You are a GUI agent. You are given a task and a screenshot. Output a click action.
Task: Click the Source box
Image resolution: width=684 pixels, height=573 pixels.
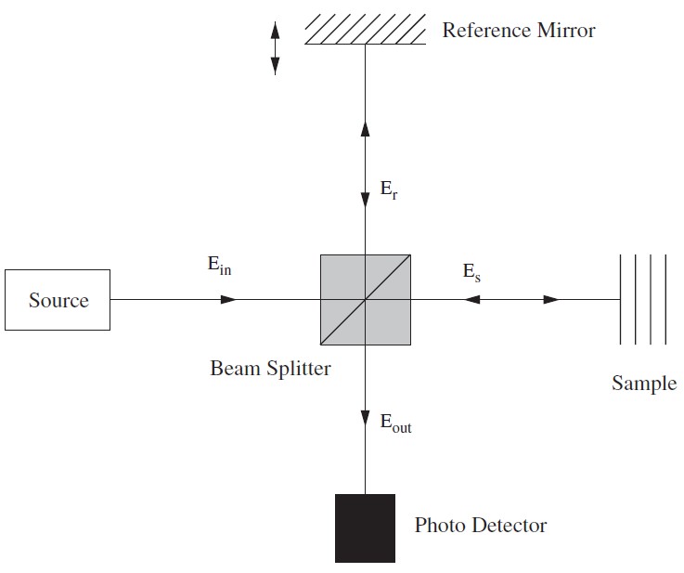click(58, 300)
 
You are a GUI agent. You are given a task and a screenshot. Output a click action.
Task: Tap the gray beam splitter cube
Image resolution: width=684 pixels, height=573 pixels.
click(366, 300)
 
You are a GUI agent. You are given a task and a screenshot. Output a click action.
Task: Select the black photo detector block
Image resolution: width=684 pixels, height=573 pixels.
click(365, 527)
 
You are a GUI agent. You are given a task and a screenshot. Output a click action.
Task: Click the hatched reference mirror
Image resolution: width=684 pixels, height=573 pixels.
click(365, 30)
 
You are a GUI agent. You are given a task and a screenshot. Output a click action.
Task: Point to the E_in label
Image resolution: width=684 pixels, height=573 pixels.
click(219, 265)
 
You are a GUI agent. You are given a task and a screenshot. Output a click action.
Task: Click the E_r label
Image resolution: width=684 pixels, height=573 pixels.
click(389, 191)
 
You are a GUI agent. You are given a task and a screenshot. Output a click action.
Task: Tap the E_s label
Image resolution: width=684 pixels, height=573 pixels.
click(471, 272)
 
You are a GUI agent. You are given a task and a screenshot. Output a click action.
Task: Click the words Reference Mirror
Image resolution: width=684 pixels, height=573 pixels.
click(518, 31)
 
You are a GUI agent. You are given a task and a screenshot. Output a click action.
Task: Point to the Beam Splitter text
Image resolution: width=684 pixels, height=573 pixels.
click(270, 368)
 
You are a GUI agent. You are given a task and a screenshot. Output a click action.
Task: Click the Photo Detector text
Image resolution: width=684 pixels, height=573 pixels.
click(480, 526)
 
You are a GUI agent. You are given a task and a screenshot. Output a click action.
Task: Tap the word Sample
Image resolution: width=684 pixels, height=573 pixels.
click(643, 383)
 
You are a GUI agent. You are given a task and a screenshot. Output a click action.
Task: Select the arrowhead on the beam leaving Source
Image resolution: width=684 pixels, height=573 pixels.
click(228, 300)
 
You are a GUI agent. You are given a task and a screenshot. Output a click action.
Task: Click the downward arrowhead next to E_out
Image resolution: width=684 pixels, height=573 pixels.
click(365, 420)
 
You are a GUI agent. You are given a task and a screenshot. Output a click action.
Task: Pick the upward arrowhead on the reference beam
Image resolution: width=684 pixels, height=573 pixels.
click(365, 129)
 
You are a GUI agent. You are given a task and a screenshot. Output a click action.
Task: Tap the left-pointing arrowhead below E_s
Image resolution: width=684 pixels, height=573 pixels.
click(472, 300)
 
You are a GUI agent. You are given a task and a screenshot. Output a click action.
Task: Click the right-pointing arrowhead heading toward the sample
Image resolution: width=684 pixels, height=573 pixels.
click(551, 300)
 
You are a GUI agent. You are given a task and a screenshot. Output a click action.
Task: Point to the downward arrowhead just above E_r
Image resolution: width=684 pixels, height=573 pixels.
click(365, 197)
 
